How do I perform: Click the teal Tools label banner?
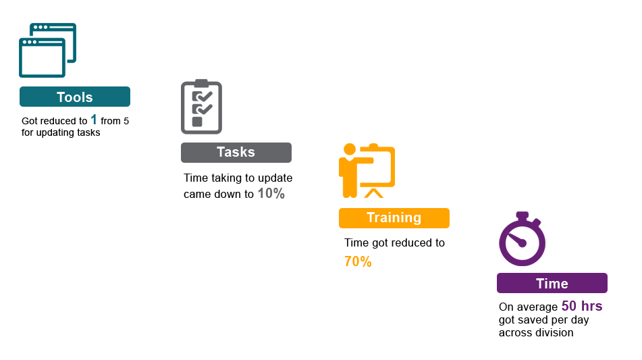pyautogui.click(x=75, y=97)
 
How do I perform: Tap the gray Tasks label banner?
pyautogui.click(x=236, y=153)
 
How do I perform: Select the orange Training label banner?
pyautogui.click(x=394, y=218)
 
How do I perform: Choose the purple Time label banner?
pyautogui.click(x=552, y=283)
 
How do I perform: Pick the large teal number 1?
pyautogui.click(x=94, y=120)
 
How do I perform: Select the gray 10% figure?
pyautogui.click(x=271, y=193)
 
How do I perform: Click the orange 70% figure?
pyautogui.click(x=358, y=261)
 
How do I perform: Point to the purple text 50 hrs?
pyautogui.click(x=582, y=306)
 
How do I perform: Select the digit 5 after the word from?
pyautogui.click(x=126, y=121)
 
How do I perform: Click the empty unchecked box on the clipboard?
pyautogui.click(x=197, y=122)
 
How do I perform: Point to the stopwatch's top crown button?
pyautogui.click(x=522, y=215)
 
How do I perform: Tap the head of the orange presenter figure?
pyautogui.click(x=350, y=149)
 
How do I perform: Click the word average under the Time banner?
pyautogui.click(x=537, y=307)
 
